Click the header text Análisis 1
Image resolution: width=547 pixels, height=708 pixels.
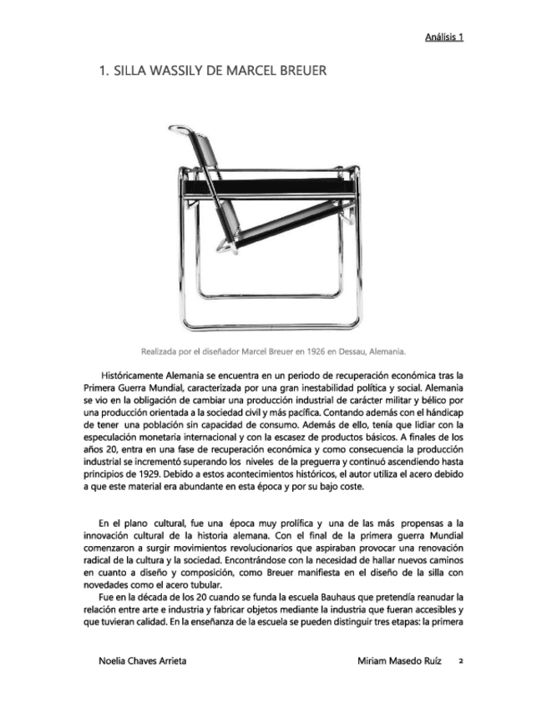click(444, 37)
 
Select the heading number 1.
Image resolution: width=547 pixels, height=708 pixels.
click(104, 71)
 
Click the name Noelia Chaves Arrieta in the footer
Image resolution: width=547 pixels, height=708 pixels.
click(142, 660)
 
